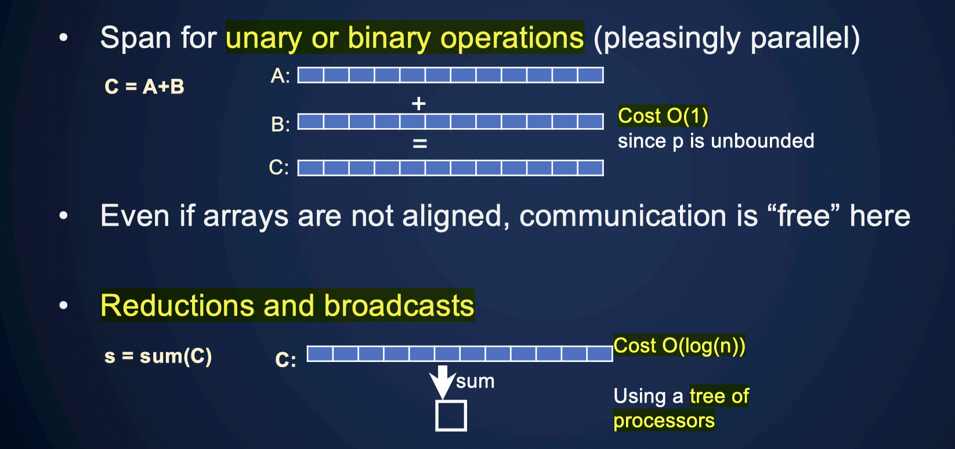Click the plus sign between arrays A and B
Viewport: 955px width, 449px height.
click(x=418, y=104)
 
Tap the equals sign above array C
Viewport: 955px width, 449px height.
click(x=419, y=143)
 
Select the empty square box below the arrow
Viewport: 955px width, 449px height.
click(x=451, y=416)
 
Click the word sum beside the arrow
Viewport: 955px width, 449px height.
click(x=475, y=382)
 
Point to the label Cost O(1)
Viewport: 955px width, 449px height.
click(x=663, y=116)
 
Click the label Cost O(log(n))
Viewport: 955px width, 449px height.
click(x=679, y=346)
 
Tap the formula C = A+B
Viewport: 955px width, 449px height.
click(x=144, y=86)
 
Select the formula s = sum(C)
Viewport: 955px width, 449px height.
click(x=158, y=356)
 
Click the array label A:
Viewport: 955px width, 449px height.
click(x=280, y=76)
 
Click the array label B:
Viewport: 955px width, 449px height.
click(x=280, y=124)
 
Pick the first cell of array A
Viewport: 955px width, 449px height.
click(x=311, y=75)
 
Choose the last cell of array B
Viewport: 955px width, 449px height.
click(x=591, y=121)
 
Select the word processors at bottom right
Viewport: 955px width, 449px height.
click(x=664, y=421)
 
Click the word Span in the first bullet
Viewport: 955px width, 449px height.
click(x=136, y=38)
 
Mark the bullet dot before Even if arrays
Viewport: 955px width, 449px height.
click(x=63, y=216)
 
